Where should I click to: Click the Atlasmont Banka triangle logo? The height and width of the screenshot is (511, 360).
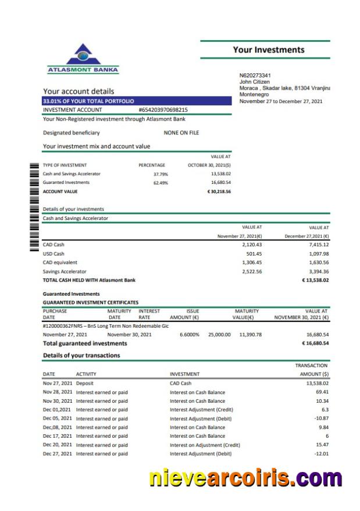[83, 56]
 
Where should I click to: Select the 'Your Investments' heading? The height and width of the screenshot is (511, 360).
[268, 50]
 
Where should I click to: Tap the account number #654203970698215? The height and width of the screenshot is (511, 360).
[163, 109]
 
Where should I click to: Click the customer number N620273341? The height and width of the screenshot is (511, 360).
[255, 76]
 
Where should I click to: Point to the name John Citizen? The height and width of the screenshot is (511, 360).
[254, 82]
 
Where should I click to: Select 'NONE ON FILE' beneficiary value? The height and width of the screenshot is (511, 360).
[181, 133]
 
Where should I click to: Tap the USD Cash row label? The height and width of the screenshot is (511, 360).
[54, 254]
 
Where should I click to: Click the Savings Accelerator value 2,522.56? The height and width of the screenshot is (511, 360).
[251, 271]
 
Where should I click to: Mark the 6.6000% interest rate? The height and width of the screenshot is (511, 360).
[189, 335]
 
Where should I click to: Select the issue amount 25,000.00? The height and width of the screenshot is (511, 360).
[219, 335]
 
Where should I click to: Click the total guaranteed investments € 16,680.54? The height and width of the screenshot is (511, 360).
[315, 343]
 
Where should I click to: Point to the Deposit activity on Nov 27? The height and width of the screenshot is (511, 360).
[84, 384]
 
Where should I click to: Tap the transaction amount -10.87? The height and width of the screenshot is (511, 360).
[321, 418]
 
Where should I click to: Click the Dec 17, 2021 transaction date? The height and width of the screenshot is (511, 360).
[57, 436]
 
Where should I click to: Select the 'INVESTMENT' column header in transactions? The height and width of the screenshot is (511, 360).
[184, 374]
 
